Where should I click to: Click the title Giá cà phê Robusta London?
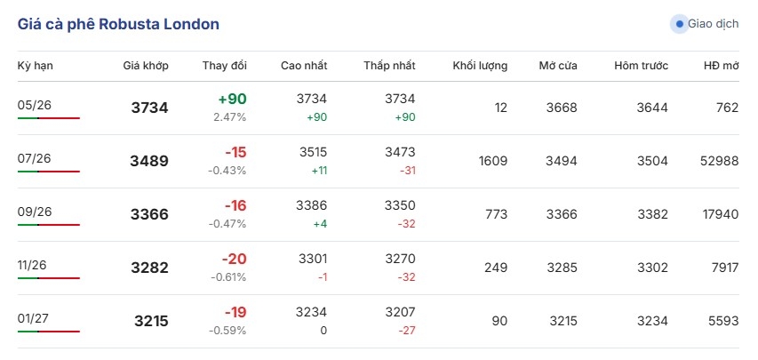[x=118, y=24]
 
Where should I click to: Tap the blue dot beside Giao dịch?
[x=680, y=24]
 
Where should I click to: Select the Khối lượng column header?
[x=480, y=66]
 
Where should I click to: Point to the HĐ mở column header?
[x=722, y=66]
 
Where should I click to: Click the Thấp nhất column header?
[x=389, y=66]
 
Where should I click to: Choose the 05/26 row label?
[x=35, y=105]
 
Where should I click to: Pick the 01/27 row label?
[x=35, y=318]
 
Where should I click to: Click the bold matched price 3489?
[x=149, y=161]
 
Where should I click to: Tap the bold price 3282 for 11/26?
[x=149, y=268]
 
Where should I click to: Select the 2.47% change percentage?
[x=230, y=117]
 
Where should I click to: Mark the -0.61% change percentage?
[x=228, y=277]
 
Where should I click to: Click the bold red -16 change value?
[x=235, y=205]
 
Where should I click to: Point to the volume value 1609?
[x=493, y=161]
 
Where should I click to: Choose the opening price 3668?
[x=562, y=108]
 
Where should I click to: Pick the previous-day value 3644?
[x=652, y=108]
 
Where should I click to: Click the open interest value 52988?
[x=719, y=161]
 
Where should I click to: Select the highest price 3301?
[x=311, y=259]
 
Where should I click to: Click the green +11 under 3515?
[x=317, y=171]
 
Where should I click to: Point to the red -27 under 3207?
[x=408, y=331]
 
